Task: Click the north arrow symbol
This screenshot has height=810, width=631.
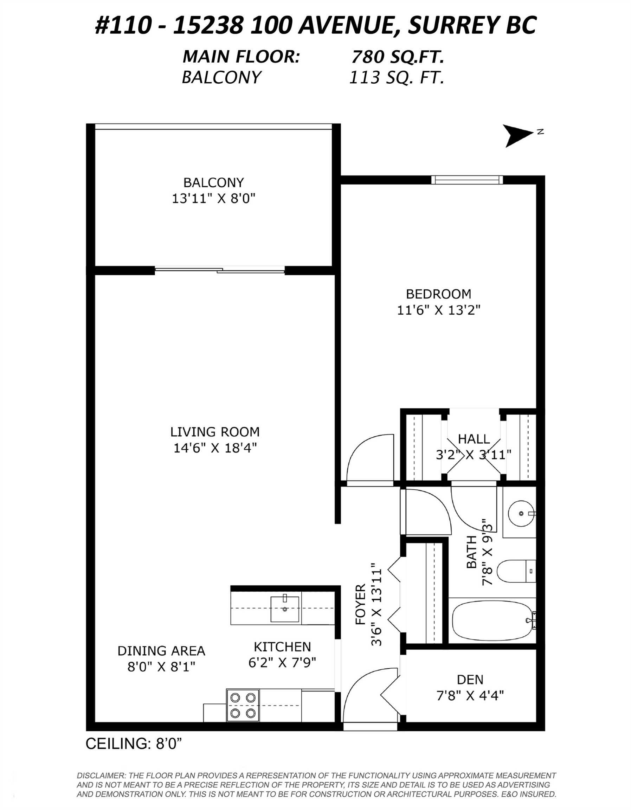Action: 517,135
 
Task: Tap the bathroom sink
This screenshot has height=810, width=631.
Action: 521,513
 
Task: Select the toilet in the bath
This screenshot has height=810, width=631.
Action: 515,571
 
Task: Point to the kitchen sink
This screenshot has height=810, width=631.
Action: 284,609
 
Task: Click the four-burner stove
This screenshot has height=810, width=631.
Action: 243,705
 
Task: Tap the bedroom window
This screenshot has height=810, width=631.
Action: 467,180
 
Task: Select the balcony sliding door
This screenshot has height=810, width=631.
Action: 219,270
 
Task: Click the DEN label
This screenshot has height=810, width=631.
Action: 470,680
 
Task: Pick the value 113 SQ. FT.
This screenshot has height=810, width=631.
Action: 397,77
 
